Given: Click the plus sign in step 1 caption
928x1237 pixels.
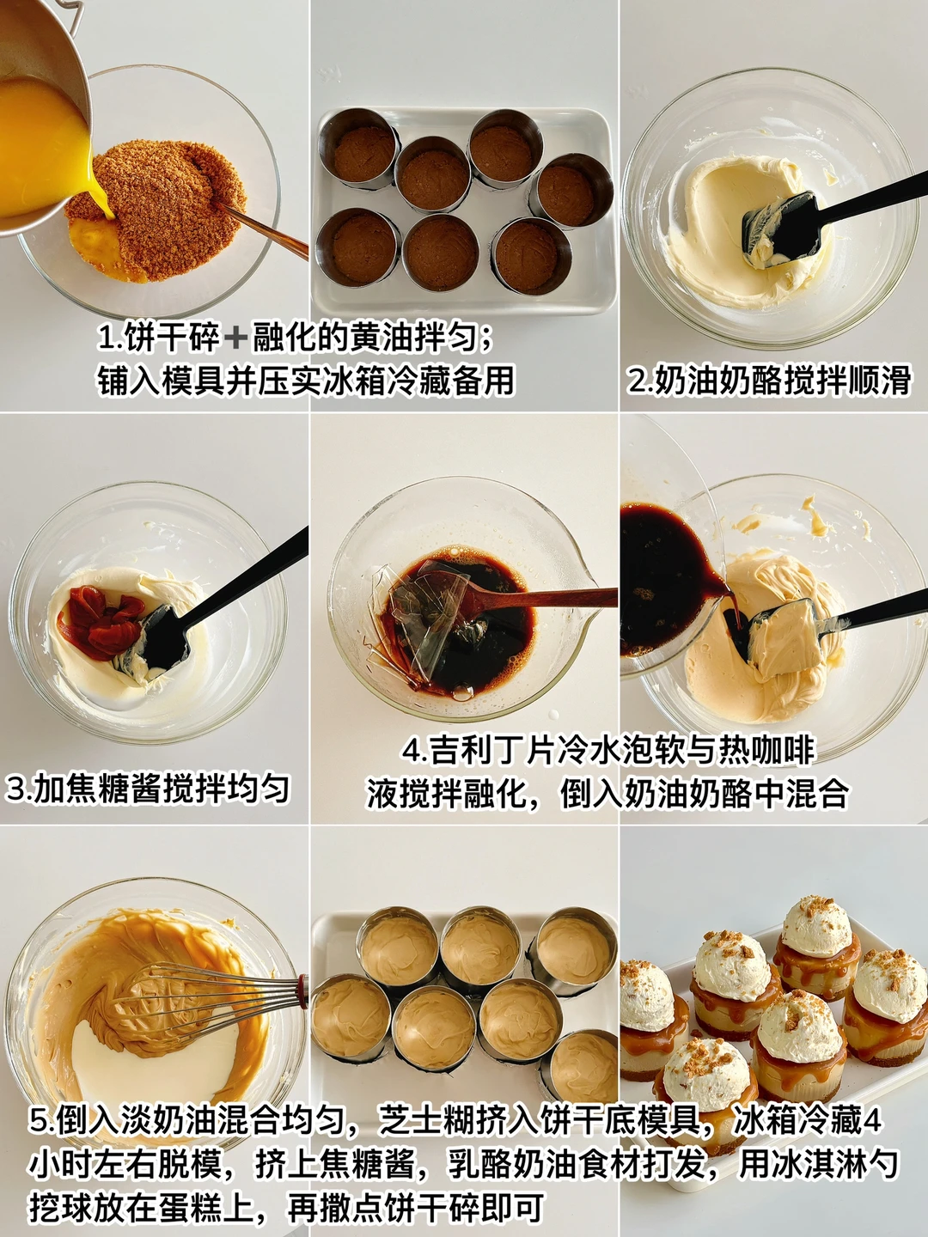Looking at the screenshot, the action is [x=235, y=339].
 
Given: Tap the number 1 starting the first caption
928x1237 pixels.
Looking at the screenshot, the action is [x=106, y=338].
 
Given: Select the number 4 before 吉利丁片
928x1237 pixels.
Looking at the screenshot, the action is [x=412, y=751].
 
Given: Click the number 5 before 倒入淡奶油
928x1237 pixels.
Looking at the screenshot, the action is [x=40, y=1106].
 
